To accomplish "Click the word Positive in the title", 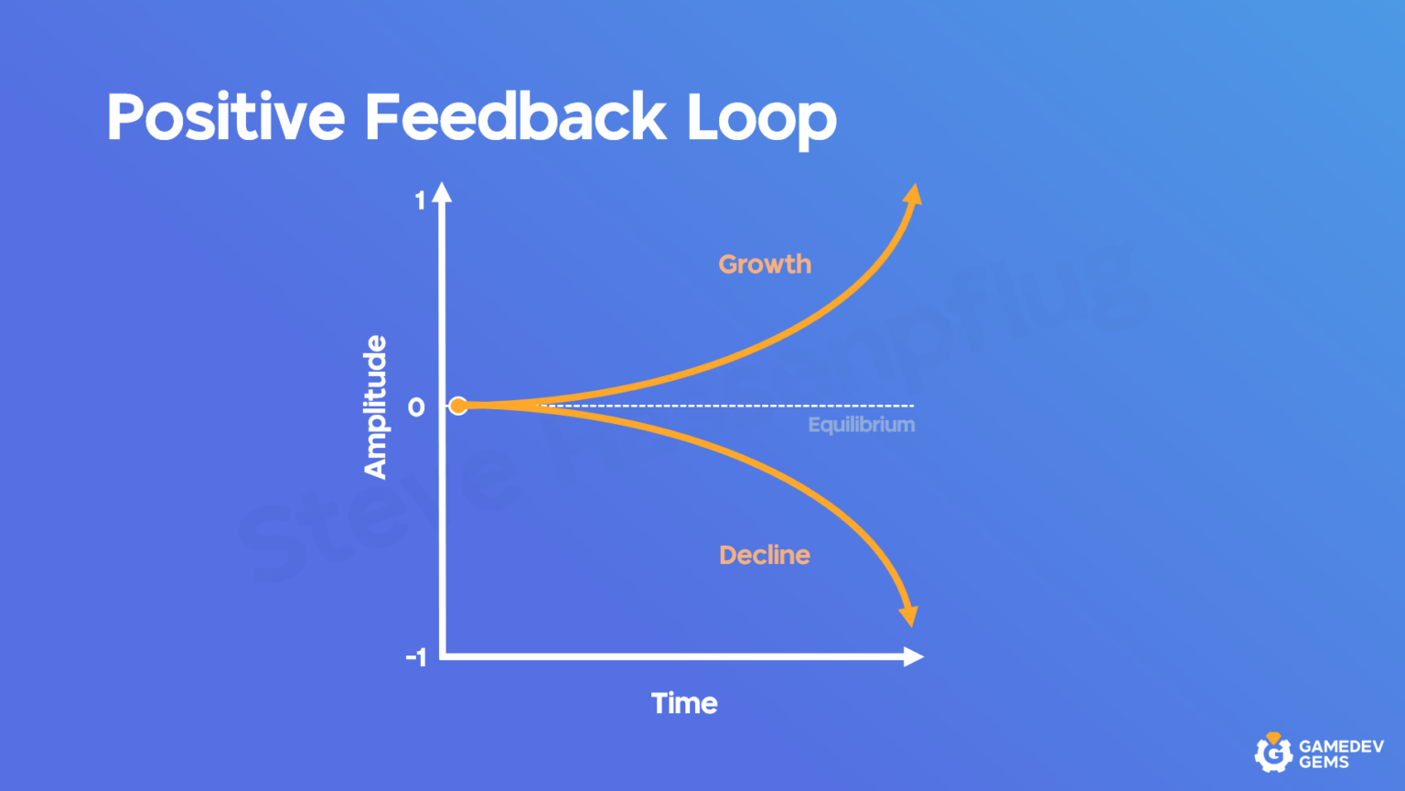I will tap(225, 117).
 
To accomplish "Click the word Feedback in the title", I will tap(515, 117).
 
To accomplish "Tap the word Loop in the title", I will tap(761, 119).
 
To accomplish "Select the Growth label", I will tap(765, 265).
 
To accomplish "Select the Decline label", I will tap(765, 555).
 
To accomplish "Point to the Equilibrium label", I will tap(861, 425).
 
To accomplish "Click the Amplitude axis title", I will tap(375, 406).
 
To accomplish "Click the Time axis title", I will tap(684, 703).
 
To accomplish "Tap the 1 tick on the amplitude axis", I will tap(420, 200).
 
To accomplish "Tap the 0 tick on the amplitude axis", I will tap(416, 407).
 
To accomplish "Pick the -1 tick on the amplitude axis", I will tap(416, 657).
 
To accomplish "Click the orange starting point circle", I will tap(458, 406).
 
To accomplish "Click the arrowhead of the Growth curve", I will tap(912, 195).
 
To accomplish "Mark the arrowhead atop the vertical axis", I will tap(443, 192).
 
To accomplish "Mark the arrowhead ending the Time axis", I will tap(913, 656).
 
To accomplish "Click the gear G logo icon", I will tap(1272, 753).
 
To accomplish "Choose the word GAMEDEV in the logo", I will tap(1341, 746).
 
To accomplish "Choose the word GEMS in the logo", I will tap(1324, 763).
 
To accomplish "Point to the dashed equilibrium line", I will tap(732, 406).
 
